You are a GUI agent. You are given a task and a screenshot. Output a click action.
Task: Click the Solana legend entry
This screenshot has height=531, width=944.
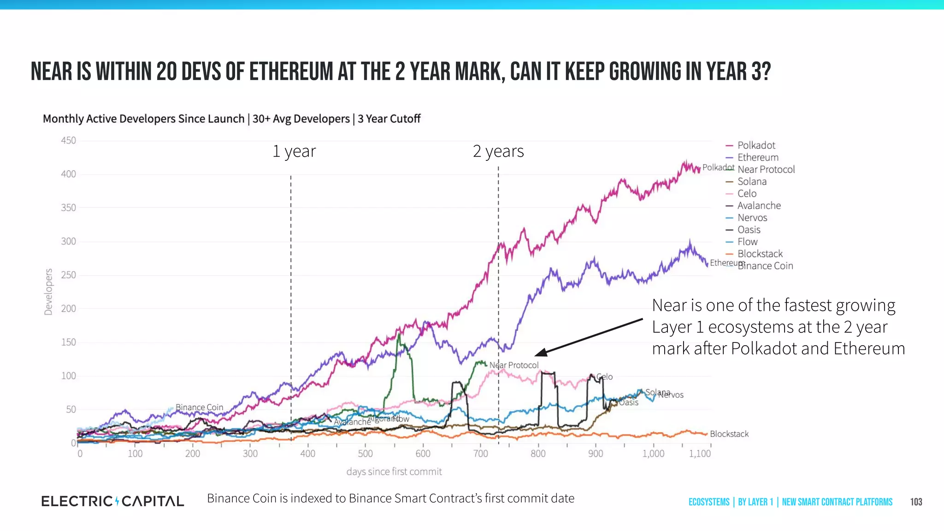pyautogui.click(x=751, y=182)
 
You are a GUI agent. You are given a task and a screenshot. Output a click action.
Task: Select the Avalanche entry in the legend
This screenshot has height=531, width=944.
pyautogui.click(x=759, y=206)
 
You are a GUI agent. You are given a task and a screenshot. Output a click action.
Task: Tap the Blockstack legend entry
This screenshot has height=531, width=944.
pyautogui.click(x=760, y=254)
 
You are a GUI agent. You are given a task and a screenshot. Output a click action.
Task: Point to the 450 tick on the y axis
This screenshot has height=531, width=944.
pyautogui.click(x=69, y=141)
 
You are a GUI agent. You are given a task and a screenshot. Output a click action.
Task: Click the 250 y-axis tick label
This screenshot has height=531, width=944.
pyautogui.click(x=69, y=275)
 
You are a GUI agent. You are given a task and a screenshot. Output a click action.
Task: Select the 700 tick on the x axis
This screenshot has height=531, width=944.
pyautogui.click(x=480, y=454)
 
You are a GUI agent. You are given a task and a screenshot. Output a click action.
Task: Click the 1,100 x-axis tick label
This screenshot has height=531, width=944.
pyautogui.click(x=700, y=454)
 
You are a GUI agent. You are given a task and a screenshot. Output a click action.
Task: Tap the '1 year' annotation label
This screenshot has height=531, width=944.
pyautogui.click(x=294, y=151)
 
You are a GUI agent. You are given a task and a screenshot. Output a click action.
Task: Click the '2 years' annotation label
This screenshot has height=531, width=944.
pyautogui.click(x=498, y=151)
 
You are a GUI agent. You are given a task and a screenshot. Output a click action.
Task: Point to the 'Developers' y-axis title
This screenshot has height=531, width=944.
pyautogui.click(x=48, y=292)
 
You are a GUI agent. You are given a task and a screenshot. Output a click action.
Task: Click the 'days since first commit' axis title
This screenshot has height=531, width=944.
pyautogui.click(x=394, y=472)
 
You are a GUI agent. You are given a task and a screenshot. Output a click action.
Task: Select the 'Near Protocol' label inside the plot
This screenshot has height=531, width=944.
pyautogui.click(x=514, y=365)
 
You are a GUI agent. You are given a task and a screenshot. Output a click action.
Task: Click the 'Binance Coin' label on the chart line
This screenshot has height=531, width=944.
pyautogui.click(x=199, y=407)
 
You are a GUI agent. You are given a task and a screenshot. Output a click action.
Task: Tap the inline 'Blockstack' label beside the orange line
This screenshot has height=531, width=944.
pyautogui.click(x=729, y=434)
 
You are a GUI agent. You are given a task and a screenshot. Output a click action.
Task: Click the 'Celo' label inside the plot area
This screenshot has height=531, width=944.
pyautogui.click(x=605, y=377)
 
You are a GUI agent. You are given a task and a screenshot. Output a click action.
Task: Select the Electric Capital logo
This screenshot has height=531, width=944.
pyautogui.click(x=112, y=501)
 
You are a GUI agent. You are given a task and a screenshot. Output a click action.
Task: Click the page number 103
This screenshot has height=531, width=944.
pyautogui.click(x=916, y=502)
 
